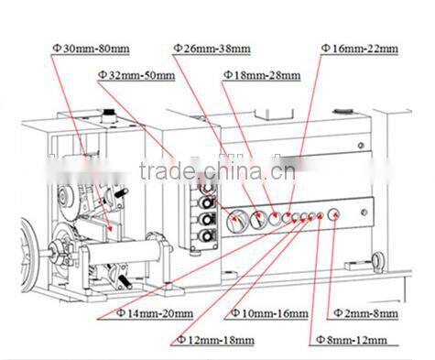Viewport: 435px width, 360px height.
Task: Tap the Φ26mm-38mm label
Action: (212, 46)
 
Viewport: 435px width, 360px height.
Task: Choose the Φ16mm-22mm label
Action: (360, 46)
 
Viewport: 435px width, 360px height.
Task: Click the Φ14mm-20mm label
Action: (155, 312)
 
